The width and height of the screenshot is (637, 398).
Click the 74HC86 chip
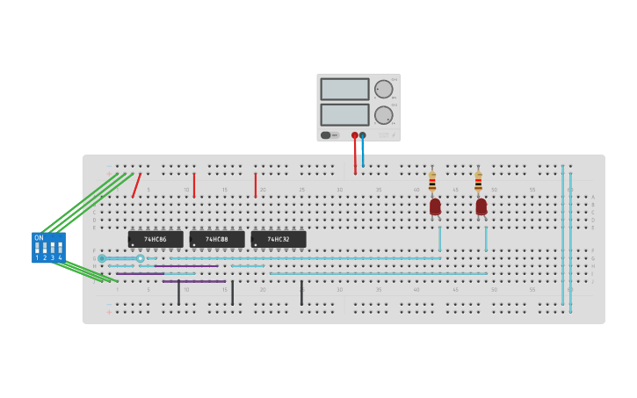(x=156, y=239)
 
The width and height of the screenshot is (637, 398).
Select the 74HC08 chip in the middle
(x=217, y=239)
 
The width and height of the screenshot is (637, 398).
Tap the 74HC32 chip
(x=279, y=239)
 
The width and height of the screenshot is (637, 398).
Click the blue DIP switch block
(x=48, y=248)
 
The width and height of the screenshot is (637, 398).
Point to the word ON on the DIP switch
(x=39, y=238)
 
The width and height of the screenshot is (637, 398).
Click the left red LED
(x=435, y=206)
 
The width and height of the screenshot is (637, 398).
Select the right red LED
(x=481, y=206)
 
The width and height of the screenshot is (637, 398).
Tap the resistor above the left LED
(x=432, y=182)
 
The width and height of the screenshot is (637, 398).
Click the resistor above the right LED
(x=478, y=182)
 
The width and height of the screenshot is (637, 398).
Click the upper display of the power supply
(x=344, y=89)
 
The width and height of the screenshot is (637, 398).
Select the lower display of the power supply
(x=344, y=115)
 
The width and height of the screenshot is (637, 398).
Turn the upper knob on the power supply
(x=384, y=89)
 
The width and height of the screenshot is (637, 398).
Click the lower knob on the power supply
(x=384, y=115)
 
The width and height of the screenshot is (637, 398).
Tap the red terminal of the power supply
(x=355, y=135)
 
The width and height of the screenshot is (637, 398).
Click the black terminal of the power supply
(x=363, y=135)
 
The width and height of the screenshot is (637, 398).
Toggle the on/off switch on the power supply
(x=326, y=135)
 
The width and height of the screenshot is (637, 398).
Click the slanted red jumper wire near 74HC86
(x=136, y=185)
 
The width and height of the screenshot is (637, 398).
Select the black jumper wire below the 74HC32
(x=301, y=293)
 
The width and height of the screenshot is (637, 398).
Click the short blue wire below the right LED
(x=486, y=238)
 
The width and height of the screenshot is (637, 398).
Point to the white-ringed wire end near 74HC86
(x=141, y=258)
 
